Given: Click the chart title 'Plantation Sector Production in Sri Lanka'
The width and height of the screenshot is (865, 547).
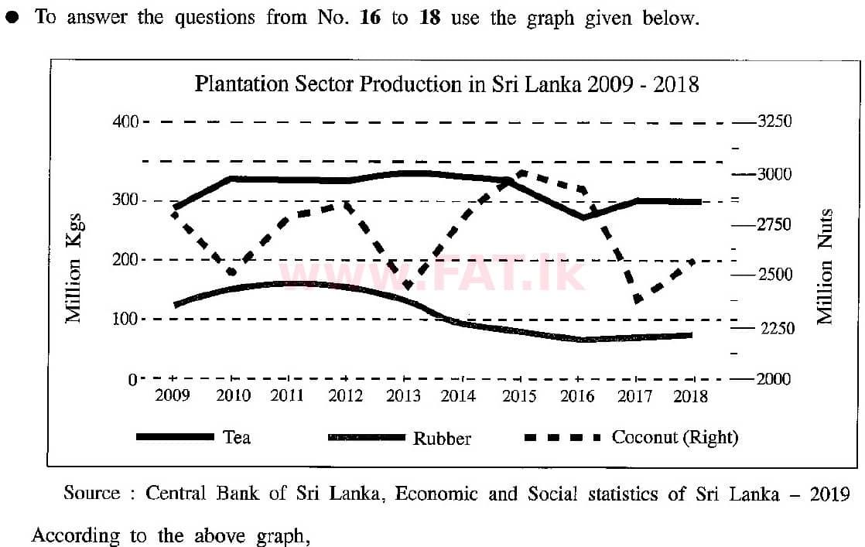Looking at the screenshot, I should click(x=446, y=84).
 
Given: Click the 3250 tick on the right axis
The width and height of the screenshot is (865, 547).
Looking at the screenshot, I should click(x=773, y=122).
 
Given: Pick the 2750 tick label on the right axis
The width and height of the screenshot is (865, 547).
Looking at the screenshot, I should click(x=773, y=225).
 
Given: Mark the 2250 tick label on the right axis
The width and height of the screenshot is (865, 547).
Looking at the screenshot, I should click(x=773, y=329).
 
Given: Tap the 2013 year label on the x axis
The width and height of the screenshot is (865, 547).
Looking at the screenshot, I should click(x=403, y=396).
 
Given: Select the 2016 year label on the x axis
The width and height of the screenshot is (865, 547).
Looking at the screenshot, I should click(x=576, y=396).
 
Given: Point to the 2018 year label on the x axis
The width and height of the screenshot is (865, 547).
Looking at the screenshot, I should click(x=691, y=396).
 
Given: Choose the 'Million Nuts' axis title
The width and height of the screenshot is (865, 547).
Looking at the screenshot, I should click(x=826, y=267).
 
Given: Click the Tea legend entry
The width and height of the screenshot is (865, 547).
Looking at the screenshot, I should click(x=237, y=437).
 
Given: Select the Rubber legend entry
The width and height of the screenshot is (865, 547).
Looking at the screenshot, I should click(x=442, y=439).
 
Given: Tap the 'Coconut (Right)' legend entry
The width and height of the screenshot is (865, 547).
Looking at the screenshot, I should click(x=675, y=437).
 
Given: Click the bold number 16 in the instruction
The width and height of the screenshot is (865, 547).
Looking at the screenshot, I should click(x=371, y=17).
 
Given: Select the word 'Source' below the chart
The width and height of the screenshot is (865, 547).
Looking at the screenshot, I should click(x=91, y=494).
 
